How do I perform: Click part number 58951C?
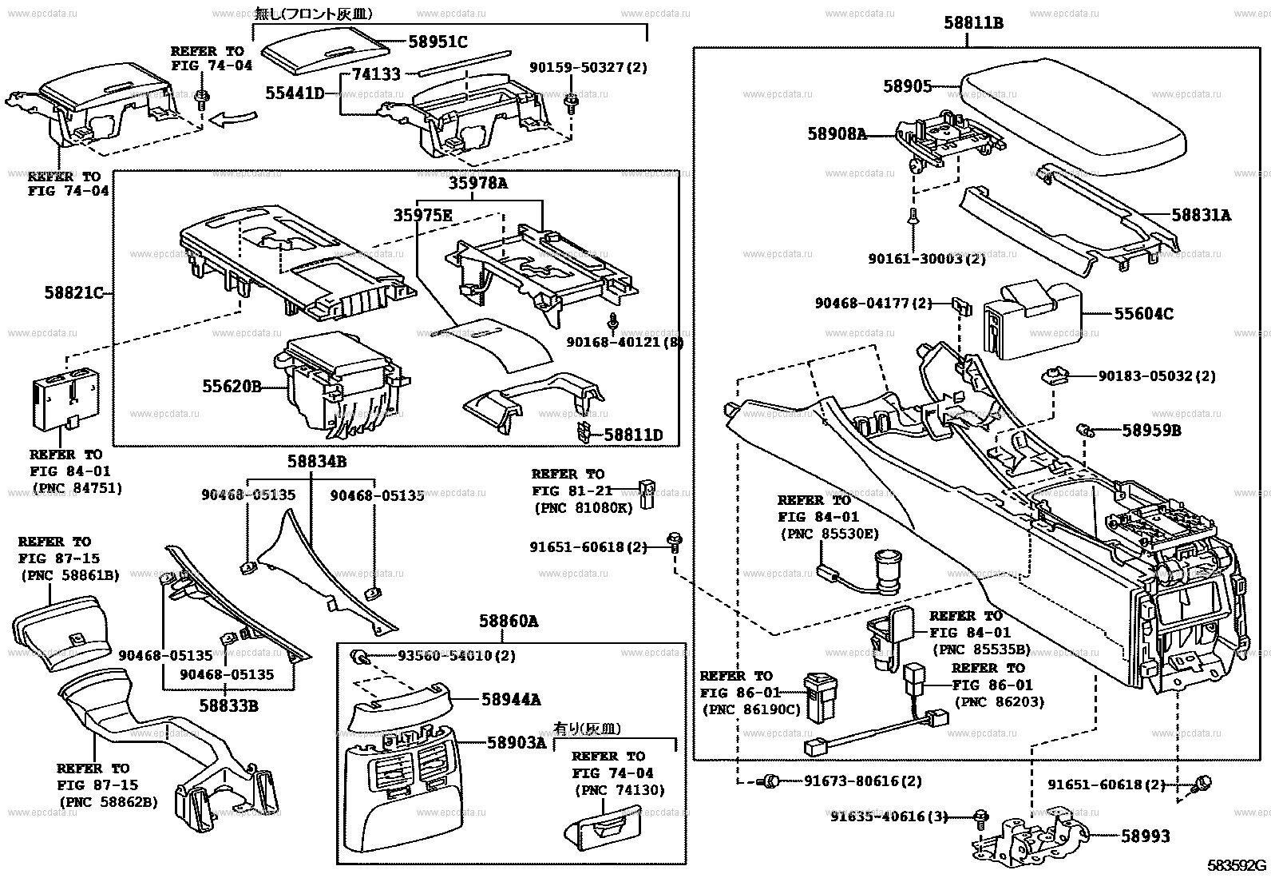(x=438, y=42)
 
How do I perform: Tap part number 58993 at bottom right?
(x=1146, y=836)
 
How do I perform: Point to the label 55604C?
(x=1143, y=314)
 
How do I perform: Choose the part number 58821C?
(x=74, y=293)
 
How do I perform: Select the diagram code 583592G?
(x=1237, y=865)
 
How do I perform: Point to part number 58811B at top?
(x=973, y=23)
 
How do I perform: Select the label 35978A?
(x=477, y=183)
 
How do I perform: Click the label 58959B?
(x=1151, y=431)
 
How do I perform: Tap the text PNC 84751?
(x=77, y=488)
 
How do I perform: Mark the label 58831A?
(x=1201, y=215)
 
